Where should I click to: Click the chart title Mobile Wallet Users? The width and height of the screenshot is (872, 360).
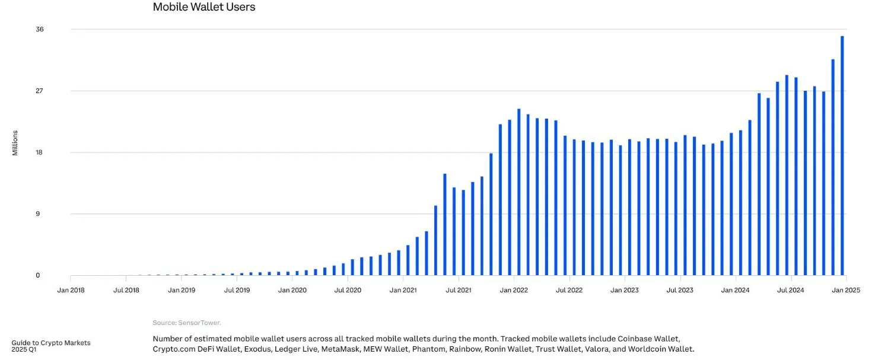click(204, 7)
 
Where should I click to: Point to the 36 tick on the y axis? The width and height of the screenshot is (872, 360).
click(40, 30)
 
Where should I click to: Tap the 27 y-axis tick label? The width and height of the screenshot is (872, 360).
click(40, 91)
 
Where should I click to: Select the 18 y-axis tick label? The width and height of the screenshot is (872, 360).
click(40, 152)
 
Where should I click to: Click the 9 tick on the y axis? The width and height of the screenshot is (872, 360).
click(37, 214)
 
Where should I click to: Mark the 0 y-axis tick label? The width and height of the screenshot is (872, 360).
click(37, 276)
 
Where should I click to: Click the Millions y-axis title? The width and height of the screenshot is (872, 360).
click(15, 143)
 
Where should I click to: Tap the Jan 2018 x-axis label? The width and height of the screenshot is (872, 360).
click(71, 291)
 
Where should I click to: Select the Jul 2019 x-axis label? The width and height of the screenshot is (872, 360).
click(237, 291)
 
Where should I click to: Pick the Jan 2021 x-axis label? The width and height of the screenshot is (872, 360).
click(403, 291)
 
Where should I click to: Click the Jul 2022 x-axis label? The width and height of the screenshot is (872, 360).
click(569, 291)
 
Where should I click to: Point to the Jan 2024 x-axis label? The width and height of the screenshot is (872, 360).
click(736, 291)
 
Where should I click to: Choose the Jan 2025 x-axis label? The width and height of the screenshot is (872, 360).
click(846, 291)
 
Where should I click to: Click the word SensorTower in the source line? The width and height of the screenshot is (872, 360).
click(199, 323)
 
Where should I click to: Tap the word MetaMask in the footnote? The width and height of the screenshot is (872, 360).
click(340, 349)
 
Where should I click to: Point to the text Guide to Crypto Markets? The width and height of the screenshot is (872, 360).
click(51, 343)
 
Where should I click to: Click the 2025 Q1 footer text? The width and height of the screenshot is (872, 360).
click(24, 350)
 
